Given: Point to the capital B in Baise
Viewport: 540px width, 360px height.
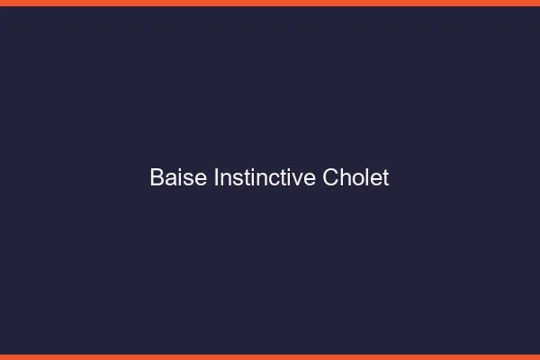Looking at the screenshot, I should tap(157, 178).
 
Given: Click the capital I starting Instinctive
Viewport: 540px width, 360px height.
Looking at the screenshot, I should tap(216, 178).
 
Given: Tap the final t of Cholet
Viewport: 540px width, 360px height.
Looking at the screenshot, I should tap(385, 178).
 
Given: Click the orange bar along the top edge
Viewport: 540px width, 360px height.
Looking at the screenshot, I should tap(270, 3).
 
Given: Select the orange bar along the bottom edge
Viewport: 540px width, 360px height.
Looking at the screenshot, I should tap(270, 356).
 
